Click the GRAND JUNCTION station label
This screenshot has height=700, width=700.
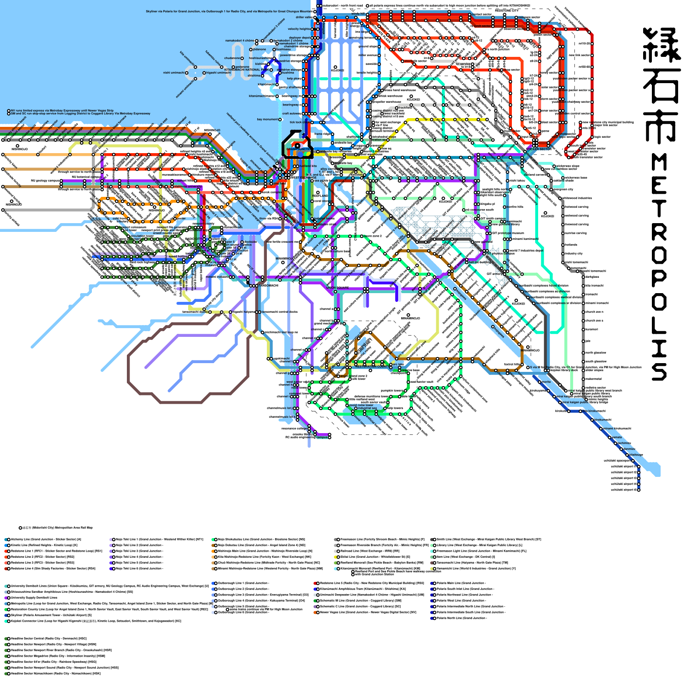click(299, 149)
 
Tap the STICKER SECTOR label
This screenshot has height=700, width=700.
click(539, 149)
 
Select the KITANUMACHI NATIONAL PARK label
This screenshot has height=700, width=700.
click(247, 70)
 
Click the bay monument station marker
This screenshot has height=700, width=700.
click(280, 119)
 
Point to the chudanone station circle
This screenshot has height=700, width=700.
click(242, 58)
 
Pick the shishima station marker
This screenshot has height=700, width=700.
click(262, 76)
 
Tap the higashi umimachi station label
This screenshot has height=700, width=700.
click(218, 73)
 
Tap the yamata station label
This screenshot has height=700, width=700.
click(616, 437)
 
